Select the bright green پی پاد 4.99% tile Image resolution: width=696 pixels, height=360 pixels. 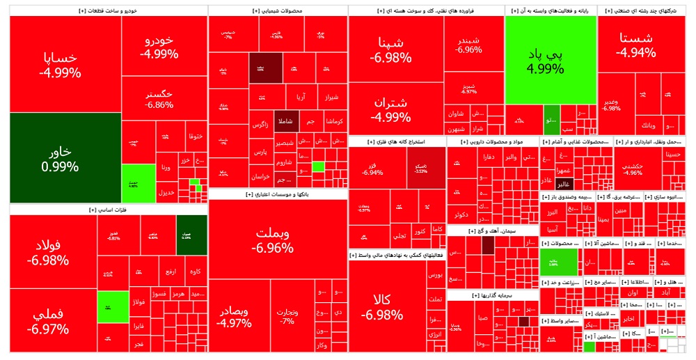pyautogui.click(x=550, y=61)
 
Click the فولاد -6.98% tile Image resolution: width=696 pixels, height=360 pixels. pyautogui.click(x=48, y=252)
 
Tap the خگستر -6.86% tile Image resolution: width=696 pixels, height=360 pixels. pyautogui.click(x=159, y=99)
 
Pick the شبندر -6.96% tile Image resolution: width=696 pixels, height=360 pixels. pyautogui.click(x=469, y=43)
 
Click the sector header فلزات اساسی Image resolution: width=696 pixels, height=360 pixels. pyautogui.click(x=107, y=210)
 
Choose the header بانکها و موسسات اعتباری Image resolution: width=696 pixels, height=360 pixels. pyautogui.click(x=277, y=195)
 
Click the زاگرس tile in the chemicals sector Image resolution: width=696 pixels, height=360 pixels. pyautogui.click(x=260, y=125)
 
